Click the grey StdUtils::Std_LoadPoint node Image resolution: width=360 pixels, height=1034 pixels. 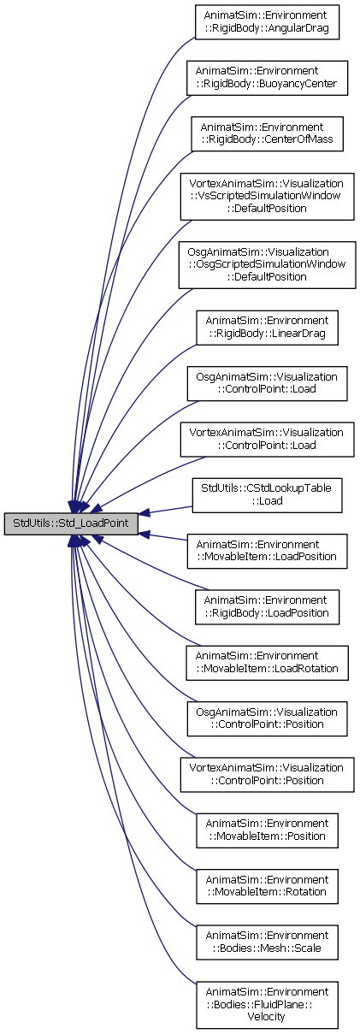(71, 523)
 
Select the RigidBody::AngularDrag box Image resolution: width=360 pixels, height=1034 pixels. (267, 22)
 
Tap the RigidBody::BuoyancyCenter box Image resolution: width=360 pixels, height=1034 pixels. (267, 78)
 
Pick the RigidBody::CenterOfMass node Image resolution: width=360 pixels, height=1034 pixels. (267, 134)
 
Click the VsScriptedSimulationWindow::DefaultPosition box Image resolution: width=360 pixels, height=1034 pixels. (267, 196)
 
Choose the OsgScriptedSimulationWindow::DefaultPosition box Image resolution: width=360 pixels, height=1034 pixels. (267, 265)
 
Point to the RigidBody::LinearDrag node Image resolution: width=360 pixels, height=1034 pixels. (267, 328)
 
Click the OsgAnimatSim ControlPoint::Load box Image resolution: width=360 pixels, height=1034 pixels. (267, 383)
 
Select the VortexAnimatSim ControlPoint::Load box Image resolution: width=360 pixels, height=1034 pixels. (267, 440)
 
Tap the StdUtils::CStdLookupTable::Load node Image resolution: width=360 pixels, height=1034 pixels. (267, 495)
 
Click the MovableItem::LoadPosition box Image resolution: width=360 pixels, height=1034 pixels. (267, 551)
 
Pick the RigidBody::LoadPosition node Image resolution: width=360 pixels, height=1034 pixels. (267, 607)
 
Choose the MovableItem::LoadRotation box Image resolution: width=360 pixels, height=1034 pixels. (267, 663)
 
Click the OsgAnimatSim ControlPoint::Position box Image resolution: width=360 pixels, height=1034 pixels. (267, 718)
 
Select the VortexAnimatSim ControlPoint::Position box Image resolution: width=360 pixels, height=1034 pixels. (267, 775)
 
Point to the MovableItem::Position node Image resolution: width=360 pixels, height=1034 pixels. (267, 830)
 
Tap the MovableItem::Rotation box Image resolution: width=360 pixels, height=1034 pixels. (267, 886)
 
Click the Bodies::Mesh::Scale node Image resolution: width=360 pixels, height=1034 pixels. (267, 942)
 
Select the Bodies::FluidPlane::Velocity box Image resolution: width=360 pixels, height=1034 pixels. (267, 1004)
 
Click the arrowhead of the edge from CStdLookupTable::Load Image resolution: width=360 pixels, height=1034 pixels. (144, 513)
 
